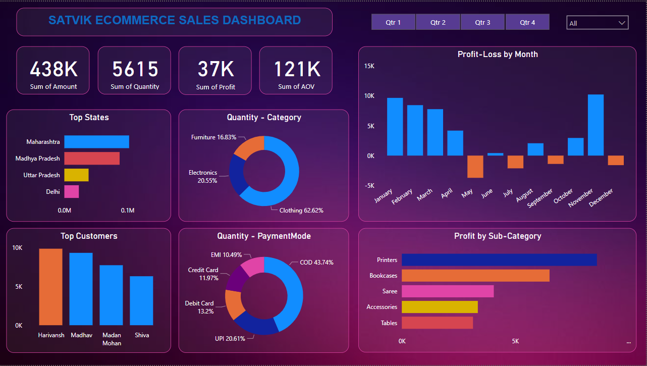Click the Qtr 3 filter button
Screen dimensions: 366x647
tap(482, 22)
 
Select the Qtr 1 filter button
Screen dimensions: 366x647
tap(393, 22)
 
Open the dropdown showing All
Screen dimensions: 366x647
tap(598, 23)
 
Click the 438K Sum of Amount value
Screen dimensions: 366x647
tap(53, 69)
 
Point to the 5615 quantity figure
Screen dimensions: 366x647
tap(135, 69)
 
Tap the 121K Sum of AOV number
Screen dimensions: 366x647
tap(296, 69)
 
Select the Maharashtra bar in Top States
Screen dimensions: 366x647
tap(96, 142)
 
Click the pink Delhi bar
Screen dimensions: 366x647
tap(71, 191)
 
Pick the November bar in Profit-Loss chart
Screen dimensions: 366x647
tap(596, 125)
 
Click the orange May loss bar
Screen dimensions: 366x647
tap(475, 167)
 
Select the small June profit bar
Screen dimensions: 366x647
tap(495, 154)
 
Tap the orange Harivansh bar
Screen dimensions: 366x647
tap(50, 287)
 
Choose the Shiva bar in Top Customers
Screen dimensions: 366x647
tap(141, 300)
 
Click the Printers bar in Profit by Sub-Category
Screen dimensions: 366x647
tap(499, 260)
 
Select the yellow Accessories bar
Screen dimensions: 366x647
tap(439, 307)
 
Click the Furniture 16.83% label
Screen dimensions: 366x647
tap(213, 137)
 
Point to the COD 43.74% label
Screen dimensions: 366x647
tap(316, 263)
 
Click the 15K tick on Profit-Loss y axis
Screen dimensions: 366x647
tap(369, 66)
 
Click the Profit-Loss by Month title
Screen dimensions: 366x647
tap(497, 55)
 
